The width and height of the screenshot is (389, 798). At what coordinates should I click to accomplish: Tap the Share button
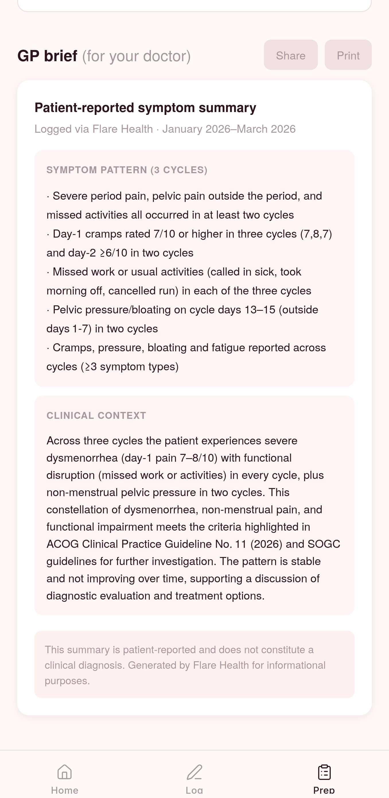[291, 55]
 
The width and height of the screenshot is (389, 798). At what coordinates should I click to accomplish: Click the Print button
[348, 55]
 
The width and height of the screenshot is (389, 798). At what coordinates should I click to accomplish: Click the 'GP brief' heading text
[47, 56]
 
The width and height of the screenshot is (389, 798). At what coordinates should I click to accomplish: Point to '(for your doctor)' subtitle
[136, 56]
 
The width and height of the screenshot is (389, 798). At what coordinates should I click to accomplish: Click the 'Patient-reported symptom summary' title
[145, 107]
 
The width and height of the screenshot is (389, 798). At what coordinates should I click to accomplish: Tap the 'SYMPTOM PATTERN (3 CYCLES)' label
[127, 170]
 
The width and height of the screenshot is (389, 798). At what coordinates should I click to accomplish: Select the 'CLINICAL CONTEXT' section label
[96, 415]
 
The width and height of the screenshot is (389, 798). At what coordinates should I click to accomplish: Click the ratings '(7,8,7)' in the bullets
[316, 234]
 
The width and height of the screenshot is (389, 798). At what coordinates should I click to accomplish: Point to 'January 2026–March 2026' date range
[229, 129]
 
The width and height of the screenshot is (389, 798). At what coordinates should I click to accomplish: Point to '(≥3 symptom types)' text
[130, 367]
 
